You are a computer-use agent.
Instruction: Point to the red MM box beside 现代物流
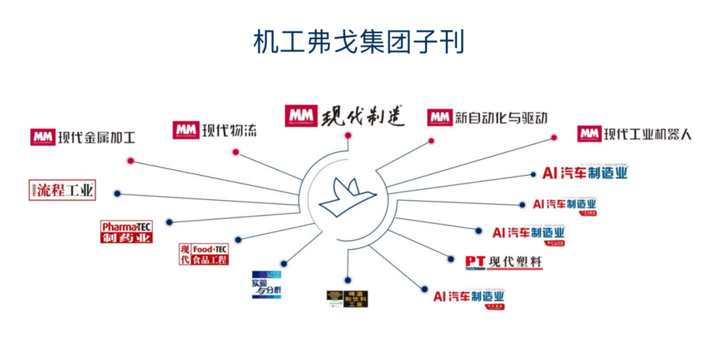tap(185, 130)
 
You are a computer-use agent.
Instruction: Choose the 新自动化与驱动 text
tap(502, 118)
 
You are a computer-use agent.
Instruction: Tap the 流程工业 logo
tap(62, 191)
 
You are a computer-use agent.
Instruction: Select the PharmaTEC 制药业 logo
tap(126, 232)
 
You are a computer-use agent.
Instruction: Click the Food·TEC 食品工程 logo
tap(204, 254)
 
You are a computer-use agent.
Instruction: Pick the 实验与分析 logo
tap(266, 284)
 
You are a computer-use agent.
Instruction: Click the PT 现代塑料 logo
tap(503, 262)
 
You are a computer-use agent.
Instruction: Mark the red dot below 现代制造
tap(348, 135)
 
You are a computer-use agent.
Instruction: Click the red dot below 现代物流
tap(236, 152)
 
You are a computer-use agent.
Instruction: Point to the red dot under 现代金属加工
tap(131, 160)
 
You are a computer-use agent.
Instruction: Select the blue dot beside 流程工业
tap(117, 193)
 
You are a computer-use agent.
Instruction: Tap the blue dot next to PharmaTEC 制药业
tap(169, 222)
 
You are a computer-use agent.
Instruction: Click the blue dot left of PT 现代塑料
tap(450, 259)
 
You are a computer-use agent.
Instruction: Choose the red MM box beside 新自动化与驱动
tap(439, 117)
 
